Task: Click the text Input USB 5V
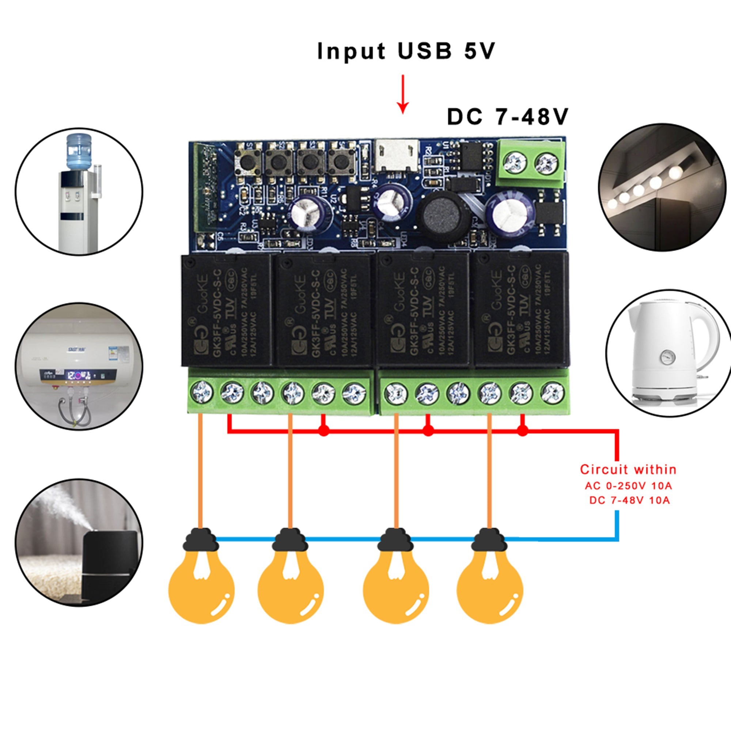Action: coord(406,51)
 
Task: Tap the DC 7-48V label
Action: coord(507,117)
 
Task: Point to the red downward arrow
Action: coord(403,95)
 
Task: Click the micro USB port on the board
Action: coord(397,155)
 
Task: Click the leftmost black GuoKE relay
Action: coord(226,310)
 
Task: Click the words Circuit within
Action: coord(628,470)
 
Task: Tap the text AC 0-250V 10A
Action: coord(628,485)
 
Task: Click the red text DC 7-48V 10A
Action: coord(629,500)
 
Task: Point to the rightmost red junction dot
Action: coord(522,430)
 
